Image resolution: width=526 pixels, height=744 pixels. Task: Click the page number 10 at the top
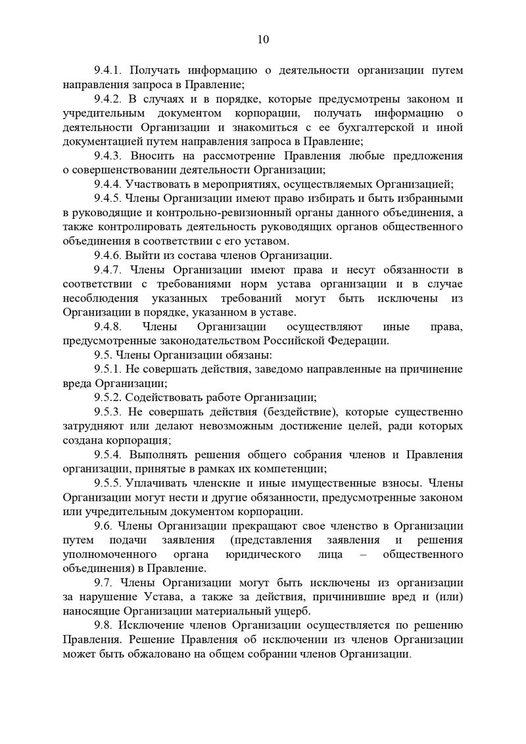(x=262, y=39)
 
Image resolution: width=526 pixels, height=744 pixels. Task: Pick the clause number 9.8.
(x=105, y=624)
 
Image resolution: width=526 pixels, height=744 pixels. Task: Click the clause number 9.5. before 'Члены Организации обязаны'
(x=105, y=355)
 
